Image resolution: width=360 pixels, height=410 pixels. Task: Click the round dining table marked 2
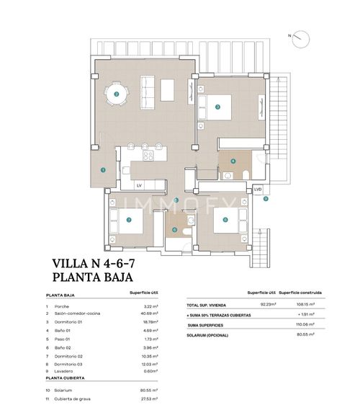pos(116,94)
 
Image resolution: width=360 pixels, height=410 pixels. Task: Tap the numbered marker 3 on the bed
pos(217,107)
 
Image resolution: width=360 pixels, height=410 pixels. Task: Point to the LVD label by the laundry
pos(258,189)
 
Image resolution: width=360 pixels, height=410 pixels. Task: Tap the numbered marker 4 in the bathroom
pos(233,161)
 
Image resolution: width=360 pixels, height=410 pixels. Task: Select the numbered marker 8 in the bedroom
pos(225,220)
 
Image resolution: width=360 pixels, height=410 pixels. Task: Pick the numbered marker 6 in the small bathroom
pos(175,230)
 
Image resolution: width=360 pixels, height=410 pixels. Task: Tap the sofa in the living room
pos(146,90)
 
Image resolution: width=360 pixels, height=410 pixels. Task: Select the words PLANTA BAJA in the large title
pos(94,277)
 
